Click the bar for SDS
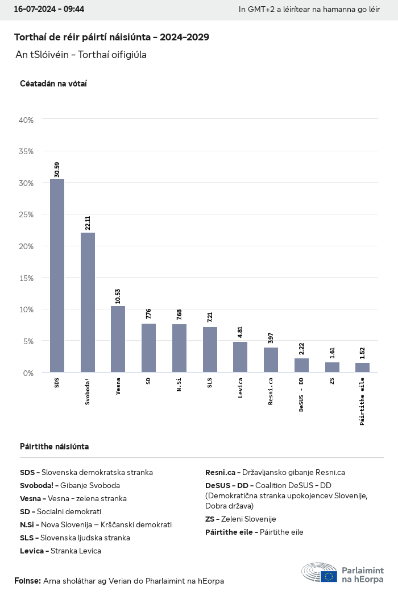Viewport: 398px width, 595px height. coord(57,276)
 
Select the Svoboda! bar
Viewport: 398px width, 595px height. coord(88,303)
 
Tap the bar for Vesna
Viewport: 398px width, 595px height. coord(118,339)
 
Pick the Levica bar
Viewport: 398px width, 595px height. coord(240,357)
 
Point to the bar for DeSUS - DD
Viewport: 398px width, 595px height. coord(301,365)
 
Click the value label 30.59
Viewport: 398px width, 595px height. coord(57,170)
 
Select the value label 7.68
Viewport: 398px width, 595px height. coord(179,315)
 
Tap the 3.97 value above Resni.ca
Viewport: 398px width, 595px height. coord(271,338)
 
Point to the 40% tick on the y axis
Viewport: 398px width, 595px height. coord(27,120)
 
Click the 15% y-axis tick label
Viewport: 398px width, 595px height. coord(27,278)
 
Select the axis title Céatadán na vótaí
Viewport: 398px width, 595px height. coord(53,84)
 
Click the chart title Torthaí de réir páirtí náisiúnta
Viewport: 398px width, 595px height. coord(111,38)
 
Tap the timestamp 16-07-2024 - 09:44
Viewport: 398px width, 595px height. coord(49,10)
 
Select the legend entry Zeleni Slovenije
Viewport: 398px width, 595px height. coord(241,519)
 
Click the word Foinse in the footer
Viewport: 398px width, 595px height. coord(27,581)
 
